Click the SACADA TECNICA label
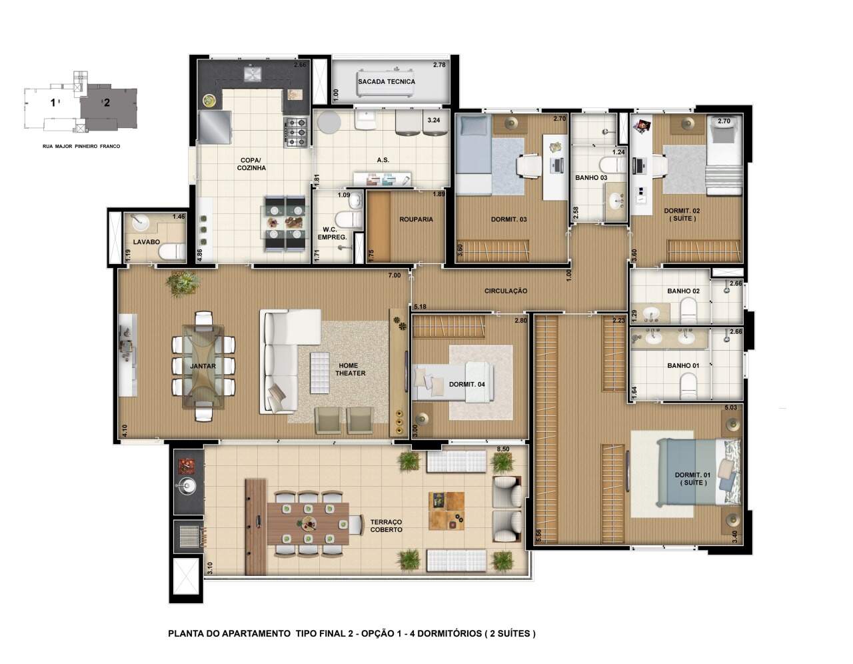387,82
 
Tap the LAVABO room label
147,242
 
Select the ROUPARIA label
416,219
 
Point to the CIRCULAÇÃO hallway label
506,291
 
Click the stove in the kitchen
296,133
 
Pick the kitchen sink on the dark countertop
250,74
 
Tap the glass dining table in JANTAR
203,367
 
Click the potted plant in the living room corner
183,283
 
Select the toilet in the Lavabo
173,251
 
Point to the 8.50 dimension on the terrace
503,449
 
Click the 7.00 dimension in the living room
394,275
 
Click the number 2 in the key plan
107,103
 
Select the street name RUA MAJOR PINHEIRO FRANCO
81,146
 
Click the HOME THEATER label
350,369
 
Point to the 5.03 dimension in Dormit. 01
730,407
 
